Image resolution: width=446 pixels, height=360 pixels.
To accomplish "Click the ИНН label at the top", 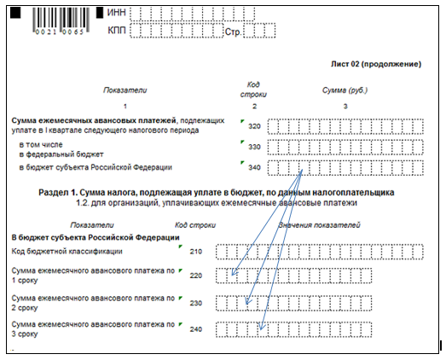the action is coord(116,13).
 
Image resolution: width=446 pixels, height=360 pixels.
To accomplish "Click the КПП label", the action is coord(117,30).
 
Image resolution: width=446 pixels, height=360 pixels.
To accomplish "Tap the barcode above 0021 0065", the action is coord(61,18).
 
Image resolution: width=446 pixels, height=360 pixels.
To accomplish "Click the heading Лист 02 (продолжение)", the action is coord(376,64).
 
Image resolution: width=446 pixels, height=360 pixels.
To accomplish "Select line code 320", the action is coord(254,126).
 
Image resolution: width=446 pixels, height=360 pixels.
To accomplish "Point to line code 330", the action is coord(254,147).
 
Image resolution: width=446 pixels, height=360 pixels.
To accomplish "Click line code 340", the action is coord(254,167).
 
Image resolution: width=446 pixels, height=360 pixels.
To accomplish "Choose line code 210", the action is coord(196,252).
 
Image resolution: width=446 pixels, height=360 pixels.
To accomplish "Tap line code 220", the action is coord(196,276).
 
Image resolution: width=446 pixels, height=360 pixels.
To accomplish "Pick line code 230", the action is coord(196,303).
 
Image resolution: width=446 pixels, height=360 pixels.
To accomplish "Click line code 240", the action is coord(196,329).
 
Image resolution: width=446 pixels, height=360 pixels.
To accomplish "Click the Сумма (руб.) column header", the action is coord(345,90).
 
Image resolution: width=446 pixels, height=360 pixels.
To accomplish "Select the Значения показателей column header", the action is coord(319,225).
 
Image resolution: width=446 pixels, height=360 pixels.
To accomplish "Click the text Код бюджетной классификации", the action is coord(67,252).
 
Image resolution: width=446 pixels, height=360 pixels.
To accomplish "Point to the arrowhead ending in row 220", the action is coord(235,272).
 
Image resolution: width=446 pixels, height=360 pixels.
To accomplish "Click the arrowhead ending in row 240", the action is coord(262,327).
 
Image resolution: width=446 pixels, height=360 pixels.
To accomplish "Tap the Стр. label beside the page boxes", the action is coord(233,32).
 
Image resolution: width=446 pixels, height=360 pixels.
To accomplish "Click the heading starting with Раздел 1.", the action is coord(216,193).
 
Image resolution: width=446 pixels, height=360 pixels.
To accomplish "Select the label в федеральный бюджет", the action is coord(61,154).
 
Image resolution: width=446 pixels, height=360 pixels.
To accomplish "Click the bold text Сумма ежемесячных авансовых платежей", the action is coord(94,120).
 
